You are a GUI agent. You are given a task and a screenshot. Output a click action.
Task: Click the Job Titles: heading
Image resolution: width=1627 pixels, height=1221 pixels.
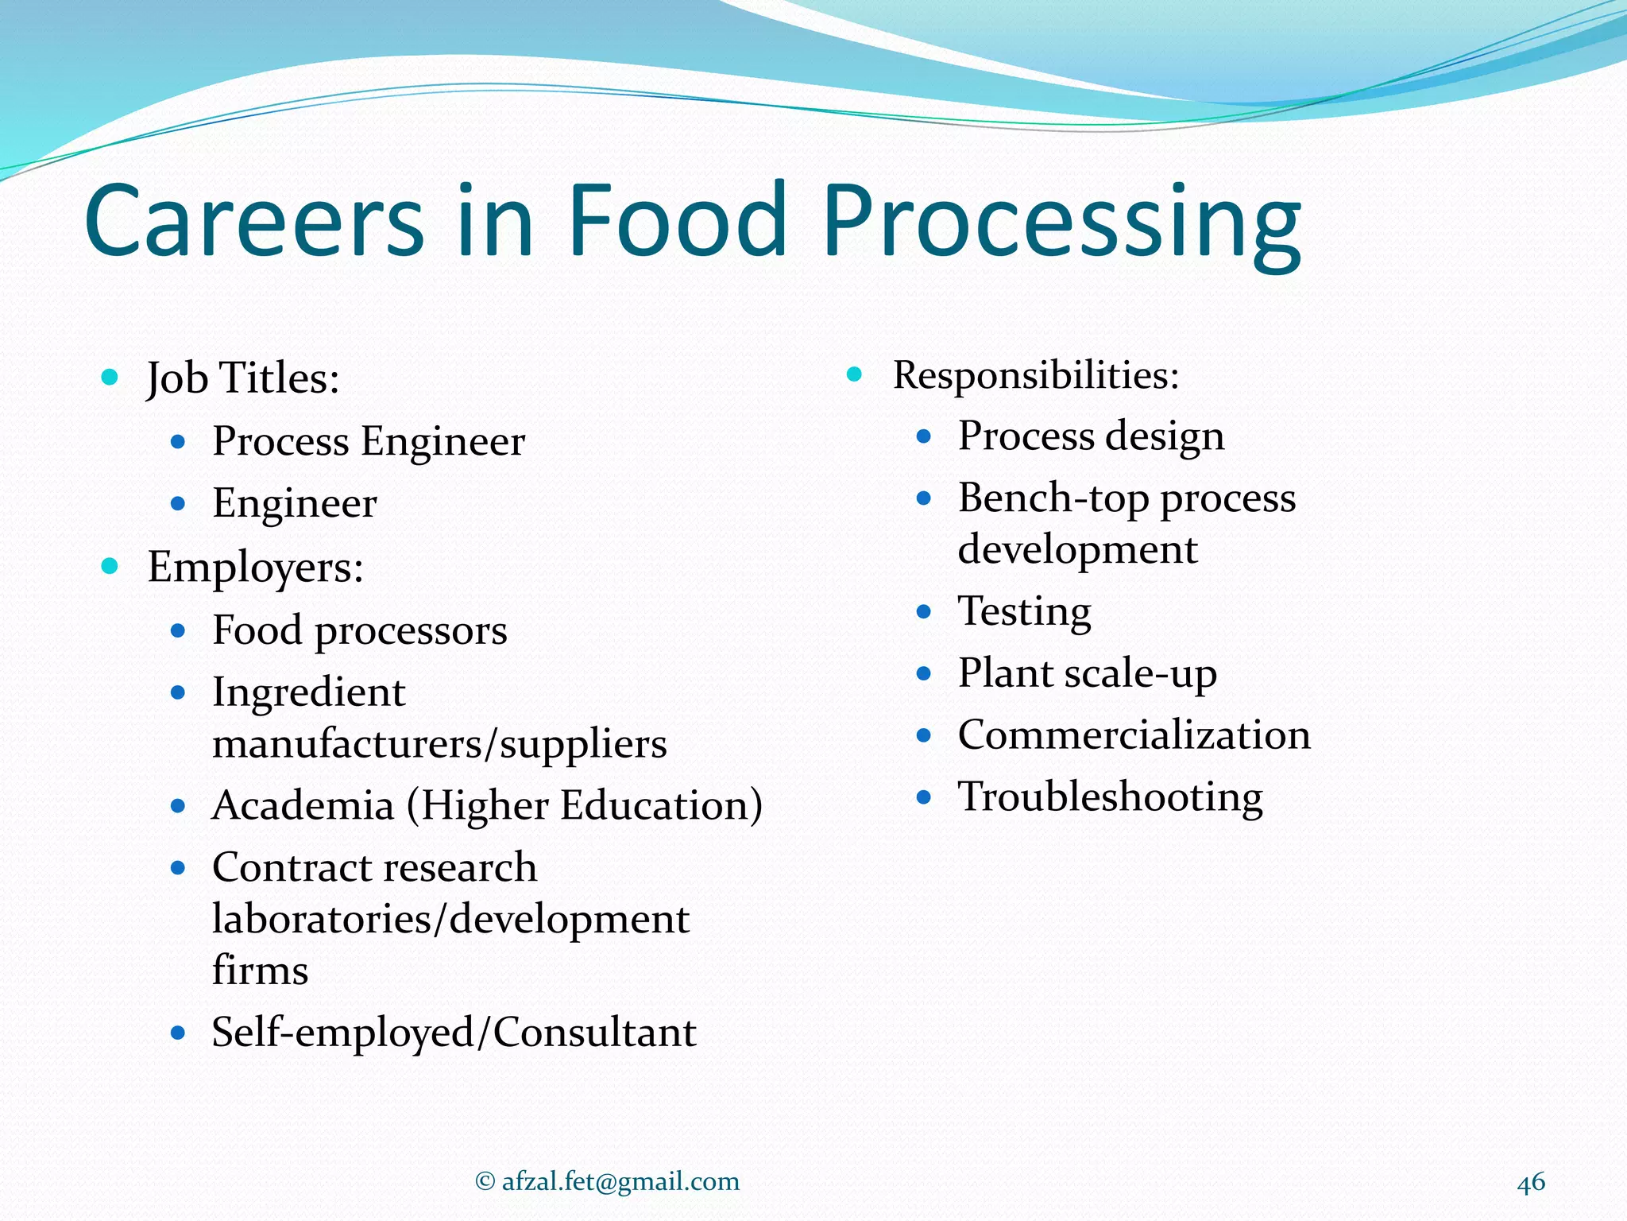243,378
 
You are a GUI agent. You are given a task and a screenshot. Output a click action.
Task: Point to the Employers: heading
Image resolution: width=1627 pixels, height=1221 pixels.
255,568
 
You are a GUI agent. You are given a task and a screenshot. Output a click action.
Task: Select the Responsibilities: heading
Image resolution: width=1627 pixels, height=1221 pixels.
1036,375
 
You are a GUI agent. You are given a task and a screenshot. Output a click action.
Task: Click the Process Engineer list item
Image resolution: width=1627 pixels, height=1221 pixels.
369,441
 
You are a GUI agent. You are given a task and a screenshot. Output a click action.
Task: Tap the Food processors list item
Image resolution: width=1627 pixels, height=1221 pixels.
359,630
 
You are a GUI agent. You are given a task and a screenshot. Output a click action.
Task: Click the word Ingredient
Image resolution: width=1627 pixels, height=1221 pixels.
308,692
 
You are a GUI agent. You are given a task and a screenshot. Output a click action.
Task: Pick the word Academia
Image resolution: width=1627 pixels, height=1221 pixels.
303,805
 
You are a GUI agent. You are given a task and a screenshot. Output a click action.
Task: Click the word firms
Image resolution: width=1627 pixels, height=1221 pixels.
260,971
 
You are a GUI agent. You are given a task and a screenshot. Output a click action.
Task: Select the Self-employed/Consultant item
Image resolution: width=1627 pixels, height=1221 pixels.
454,1033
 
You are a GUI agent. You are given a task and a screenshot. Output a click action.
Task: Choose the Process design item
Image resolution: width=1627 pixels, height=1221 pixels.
1091,436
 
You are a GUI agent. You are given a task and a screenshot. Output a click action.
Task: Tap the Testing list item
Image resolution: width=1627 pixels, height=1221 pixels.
1024,611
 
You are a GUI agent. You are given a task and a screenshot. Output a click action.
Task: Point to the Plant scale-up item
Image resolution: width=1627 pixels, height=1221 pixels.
1087,673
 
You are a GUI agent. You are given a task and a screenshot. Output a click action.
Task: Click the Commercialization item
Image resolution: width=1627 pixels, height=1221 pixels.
1134,735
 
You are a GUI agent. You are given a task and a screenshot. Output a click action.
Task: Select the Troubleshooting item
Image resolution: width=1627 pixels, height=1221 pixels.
1110,797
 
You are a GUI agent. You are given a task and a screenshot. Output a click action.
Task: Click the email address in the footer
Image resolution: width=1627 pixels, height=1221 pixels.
620,1181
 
